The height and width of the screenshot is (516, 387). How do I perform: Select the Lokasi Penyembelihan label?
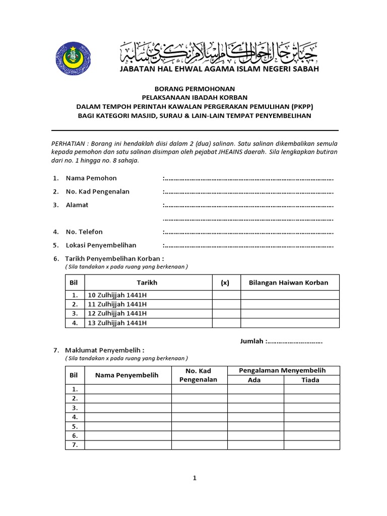pyautogui.click(x=101, y=245)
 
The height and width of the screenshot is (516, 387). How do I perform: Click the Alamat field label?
pyautogui.click(x=77, y=205)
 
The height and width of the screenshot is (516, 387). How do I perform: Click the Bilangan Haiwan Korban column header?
pyautogui.click(x=289, y=283)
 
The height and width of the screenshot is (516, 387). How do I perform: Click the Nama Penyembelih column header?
pyautogui.click(x=127, y=375)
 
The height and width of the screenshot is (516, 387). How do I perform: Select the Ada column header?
pyautogui.click(x=254, y=380)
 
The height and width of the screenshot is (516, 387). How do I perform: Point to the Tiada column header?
pyautogui.click(x=310, y=380)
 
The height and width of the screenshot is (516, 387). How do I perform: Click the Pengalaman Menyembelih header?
pyautogui.click(x=282, y=370)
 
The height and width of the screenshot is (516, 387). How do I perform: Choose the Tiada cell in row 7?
pyautogui.click(x=311, y=445)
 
